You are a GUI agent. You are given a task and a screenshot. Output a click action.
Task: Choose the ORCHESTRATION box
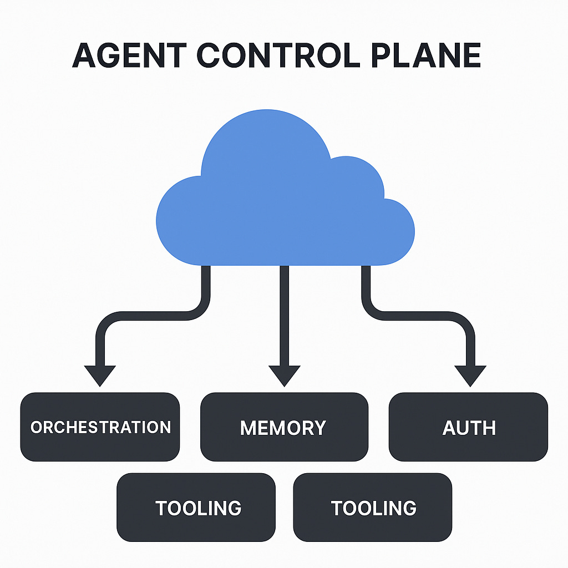(100, 427)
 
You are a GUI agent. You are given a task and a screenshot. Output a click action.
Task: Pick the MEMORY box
(283, 428)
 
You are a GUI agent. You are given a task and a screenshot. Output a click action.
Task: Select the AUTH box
(469, 428)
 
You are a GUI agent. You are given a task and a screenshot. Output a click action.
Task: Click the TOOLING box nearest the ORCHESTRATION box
(196, 508)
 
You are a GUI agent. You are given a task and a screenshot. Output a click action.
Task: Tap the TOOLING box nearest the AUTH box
(373, 508)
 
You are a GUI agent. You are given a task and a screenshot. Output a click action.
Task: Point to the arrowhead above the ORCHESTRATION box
(100, 375)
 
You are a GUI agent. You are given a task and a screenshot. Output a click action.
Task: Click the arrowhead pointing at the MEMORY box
(284, 375)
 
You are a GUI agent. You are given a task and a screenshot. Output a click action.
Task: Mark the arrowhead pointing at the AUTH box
(470, 375)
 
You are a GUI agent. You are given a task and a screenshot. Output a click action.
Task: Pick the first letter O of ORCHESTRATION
(37, 428)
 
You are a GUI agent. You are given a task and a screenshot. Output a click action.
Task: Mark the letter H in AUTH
(488, 428)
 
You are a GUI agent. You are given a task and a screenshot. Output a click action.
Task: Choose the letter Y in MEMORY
(318, 428)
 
